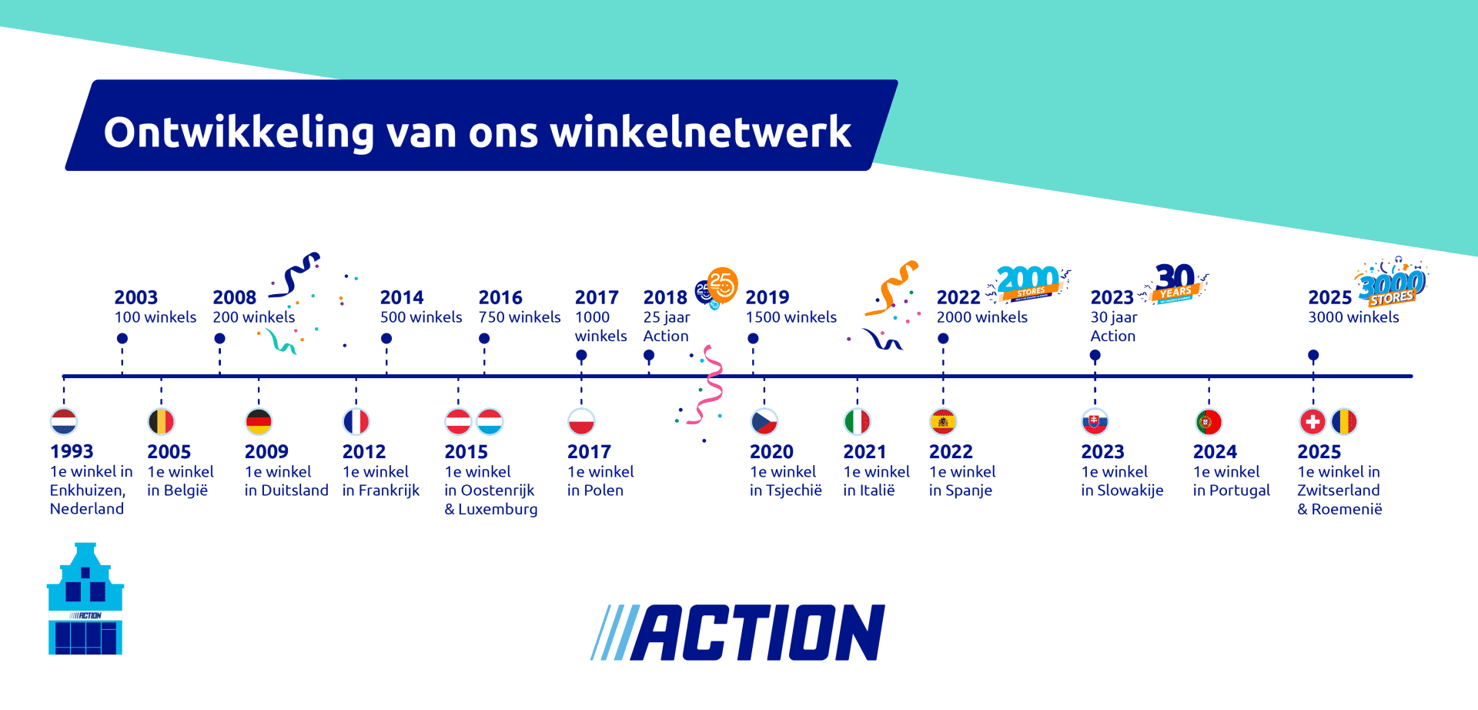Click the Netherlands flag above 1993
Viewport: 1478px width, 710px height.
click(64, 421)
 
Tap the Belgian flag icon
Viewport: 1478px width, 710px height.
click(161, 421)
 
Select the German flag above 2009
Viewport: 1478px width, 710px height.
click(259, 421)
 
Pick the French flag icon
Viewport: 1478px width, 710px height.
click(356, 421)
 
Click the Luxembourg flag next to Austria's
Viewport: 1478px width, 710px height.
click(490, 421)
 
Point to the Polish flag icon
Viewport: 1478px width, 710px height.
click(581, 421)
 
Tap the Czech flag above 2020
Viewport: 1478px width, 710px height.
click(764, 421)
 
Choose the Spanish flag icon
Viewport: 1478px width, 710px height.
click(943, 421)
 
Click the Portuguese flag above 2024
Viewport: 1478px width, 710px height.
click(1209, 421)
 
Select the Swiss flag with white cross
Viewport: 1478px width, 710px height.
click(1312, 421)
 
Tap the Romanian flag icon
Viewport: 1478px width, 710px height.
click(1344, 421)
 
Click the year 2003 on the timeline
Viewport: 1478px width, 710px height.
click(135, 297)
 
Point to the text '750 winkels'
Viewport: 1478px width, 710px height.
click(520, 317)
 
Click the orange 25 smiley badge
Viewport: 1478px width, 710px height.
click(722, 284)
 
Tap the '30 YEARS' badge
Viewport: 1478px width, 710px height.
click(1175, 283)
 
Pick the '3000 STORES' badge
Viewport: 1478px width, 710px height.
click(1392, 285)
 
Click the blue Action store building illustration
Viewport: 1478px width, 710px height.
click(85, 600)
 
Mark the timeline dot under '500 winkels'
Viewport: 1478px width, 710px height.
click(386, 339)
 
